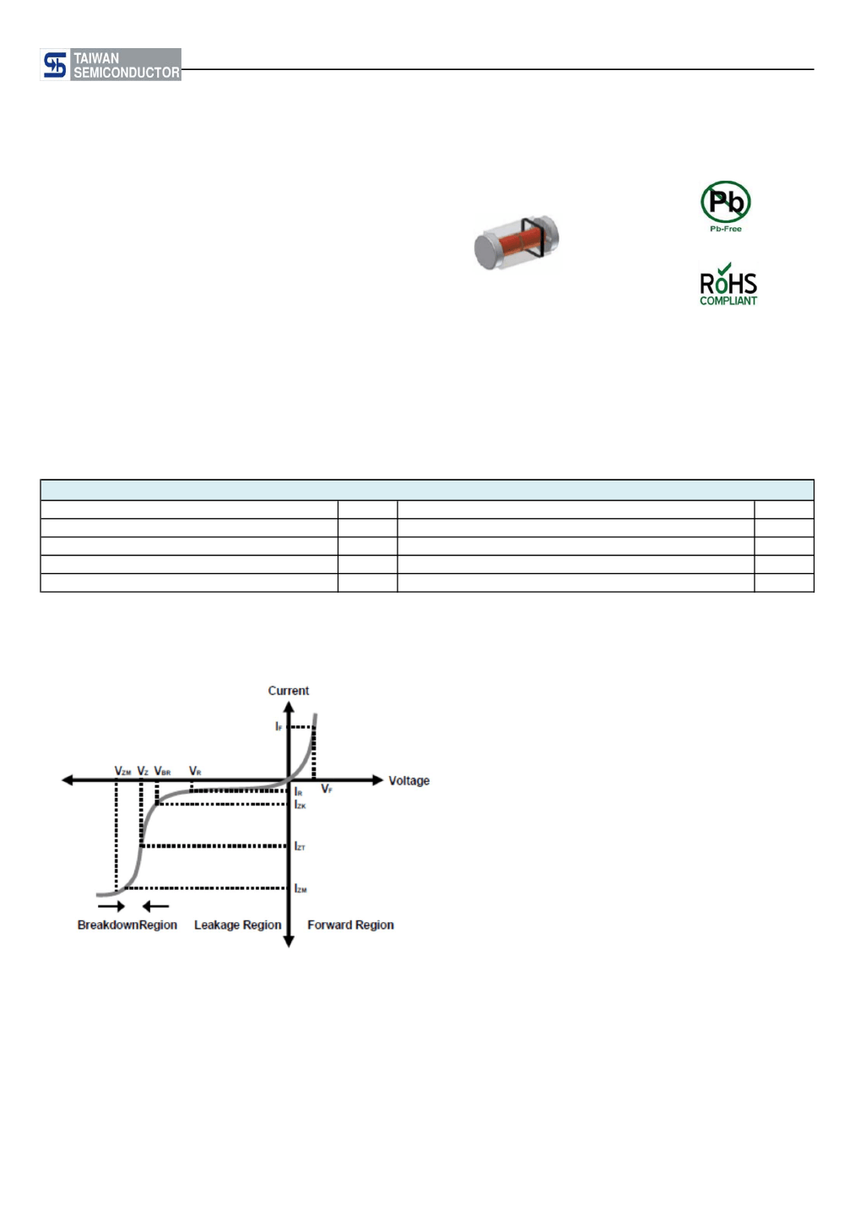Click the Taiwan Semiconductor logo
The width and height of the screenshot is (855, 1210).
pos(111,65)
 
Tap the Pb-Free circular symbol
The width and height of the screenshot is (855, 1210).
pos(725,202)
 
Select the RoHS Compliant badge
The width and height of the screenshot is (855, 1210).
pos(728,284)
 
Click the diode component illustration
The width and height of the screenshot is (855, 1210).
pos(517,242)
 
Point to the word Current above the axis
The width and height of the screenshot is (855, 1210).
pos(289,691)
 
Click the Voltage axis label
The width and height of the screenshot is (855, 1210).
pos(409,780)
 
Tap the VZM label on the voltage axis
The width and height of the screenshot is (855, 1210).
pos(122,771)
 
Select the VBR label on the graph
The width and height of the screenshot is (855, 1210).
pos(162,771)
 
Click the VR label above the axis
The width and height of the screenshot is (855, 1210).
pos(195,771)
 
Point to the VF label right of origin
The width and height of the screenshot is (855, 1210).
pos(327,789)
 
